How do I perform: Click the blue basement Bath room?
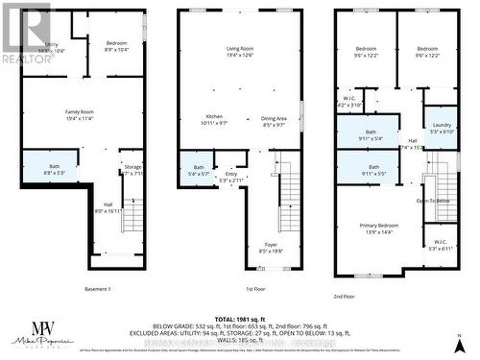click(59, 170)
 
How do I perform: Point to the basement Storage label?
click(132, 170)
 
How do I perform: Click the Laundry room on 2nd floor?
click(442, 128)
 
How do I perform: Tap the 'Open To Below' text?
click(434, 201)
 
